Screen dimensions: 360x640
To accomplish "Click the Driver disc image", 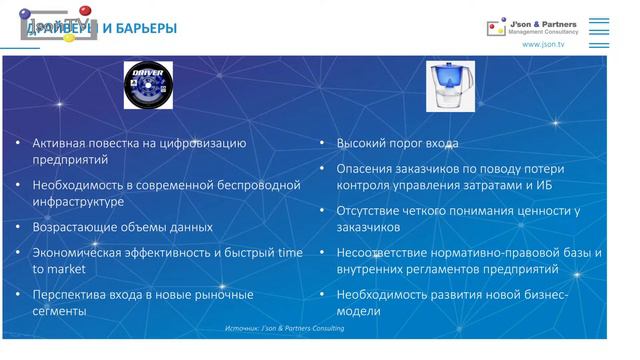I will coord(148,85).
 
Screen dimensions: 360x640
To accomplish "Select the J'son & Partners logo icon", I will coord(495,29).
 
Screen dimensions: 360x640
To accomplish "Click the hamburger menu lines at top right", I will coord(599,28).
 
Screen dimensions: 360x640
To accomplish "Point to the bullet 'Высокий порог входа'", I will coord(397,144).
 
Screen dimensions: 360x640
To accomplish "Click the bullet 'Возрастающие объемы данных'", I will coord(122,227).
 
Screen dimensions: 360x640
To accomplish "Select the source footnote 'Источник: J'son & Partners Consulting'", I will coord(285,329).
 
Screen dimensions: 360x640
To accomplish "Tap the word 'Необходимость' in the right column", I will coord(385,295).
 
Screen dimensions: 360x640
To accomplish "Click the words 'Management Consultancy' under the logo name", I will coord(543,32).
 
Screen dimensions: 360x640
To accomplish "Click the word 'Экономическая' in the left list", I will coord(79,253).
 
